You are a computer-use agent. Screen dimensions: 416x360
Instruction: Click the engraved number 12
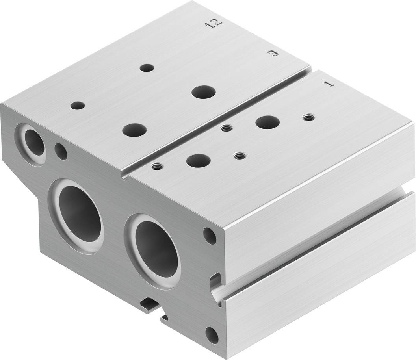[x=214, y=24]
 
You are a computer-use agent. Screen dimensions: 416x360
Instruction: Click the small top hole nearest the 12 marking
[x=147, y=68]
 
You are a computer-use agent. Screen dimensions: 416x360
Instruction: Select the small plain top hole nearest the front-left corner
[x=78, y=106]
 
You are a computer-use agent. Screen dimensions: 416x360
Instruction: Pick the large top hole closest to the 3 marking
[x=204, y=92]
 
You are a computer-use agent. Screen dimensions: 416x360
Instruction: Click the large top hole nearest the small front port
[x=134, y=130]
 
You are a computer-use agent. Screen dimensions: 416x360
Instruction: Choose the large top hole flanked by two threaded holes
[x=199, y=160]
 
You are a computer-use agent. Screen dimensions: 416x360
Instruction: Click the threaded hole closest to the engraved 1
[x=308, y=117]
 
